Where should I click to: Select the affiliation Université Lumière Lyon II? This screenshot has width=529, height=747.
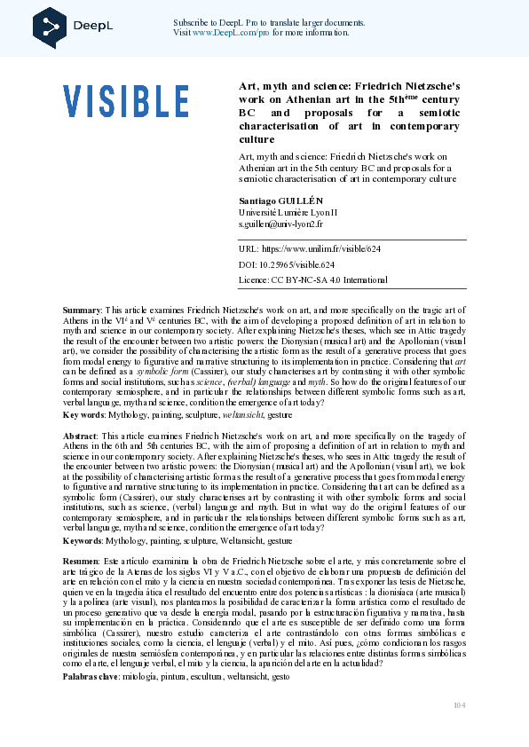pos(288,213)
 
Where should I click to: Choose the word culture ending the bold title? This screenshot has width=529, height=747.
pos(257,139)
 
